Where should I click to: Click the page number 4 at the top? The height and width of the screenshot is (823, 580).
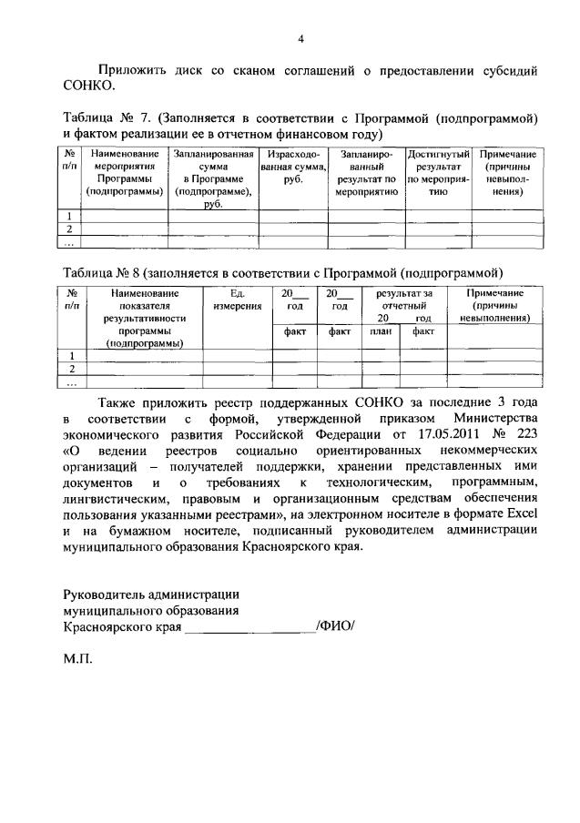click(x=300, y=38)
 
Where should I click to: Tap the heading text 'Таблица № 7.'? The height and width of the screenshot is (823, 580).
click(x=107, y=118)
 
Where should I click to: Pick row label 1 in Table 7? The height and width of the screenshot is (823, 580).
click(x=69, y=216)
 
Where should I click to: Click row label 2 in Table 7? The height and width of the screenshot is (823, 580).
click(x=69, y=229)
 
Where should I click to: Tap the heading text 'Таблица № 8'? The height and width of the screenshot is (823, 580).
click(x=101, y=272)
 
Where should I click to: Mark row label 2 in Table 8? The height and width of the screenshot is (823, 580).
click(x=70, y=369)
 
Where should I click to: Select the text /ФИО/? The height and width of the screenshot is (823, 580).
click(x=334, y=626)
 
